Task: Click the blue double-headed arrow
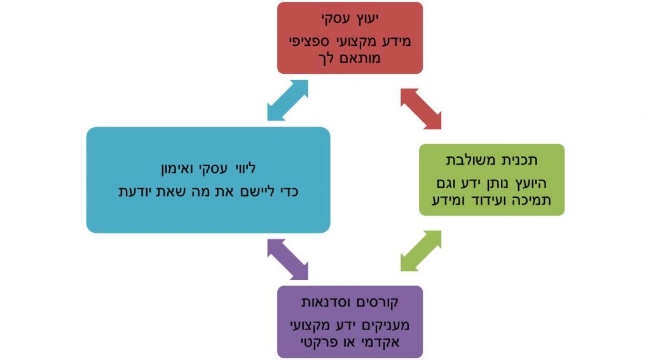tap(287, 100)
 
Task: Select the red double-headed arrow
tap(421, 109)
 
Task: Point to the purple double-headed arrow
tap(287, 260)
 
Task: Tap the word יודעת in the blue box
tap(138, 191)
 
